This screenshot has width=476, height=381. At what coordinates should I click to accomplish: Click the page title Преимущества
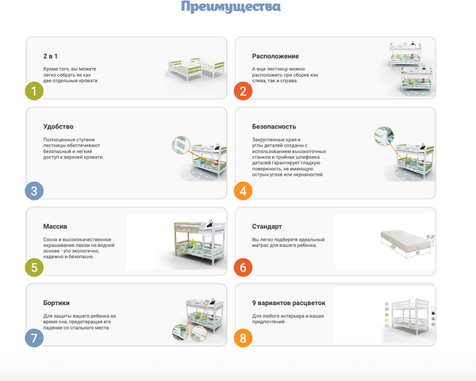coord(230,9)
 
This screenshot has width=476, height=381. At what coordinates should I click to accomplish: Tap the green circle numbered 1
coord(33,90)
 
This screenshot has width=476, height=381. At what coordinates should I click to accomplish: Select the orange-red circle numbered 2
coord(243,90)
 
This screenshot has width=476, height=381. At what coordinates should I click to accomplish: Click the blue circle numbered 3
coord(33,190)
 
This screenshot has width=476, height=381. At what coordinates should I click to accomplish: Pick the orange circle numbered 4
coord(243,190)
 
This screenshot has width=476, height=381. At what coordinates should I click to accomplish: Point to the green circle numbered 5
coord(33,268)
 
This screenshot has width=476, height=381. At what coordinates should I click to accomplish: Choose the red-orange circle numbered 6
coord(243,268)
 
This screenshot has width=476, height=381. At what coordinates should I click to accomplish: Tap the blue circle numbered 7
coord(33,338)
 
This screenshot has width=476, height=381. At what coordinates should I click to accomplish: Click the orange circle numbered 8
coord(243,338)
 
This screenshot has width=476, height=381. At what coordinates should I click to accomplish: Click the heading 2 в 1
coord(52,58)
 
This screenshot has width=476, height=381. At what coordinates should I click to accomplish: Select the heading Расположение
coord(275,56)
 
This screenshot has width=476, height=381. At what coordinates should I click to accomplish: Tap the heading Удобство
coord(58,126)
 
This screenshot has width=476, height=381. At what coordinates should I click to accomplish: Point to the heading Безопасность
coord(274,126)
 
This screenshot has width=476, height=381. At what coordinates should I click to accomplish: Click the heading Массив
coord(55,227)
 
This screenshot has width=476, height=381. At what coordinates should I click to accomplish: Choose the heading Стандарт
coord(267,227)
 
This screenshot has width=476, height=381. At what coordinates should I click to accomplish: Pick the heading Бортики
coord(56,303)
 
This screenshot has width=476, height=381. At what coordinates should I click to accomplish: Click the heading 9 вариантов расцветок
coord(289,303)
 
